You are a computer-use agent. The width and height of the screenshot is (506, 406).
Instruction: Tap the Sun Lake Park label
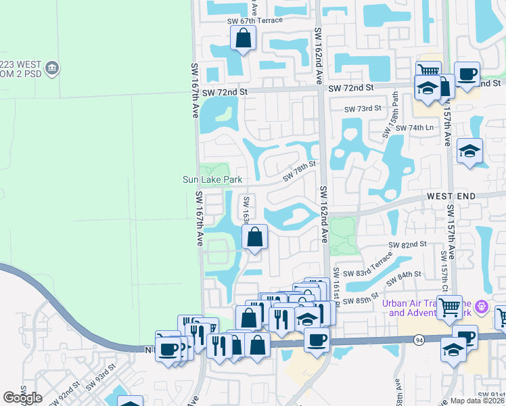coord(212,179)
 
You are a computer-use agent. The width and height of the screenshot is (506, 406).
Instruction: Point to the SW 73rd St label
coord(363,109)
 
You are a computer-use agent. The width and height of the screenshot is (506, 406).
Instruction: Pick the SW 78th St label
coord(300,170)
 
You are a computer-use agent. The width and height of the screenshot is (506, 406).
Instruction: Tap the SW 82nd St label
coord(408,244)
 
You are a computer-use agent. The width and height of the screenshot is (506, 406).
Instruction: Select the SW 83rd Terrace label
coord(367,266)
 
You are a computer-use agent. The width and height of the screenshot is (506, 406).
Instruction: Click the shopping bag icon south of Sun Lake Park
coord(254,237)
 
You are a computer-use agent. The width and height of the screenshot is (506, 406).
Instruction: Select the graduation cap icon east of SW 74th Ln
coord(469,151)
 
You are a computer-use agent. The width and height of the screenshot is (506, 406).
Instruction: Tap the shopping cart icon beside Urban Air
coord(449,307)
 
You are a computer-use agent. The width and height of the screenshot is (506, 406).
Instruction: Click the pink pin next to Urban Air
coord(482,307)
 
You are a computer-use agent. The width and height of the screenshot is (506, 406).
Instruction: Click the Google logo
coord(23,398)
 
